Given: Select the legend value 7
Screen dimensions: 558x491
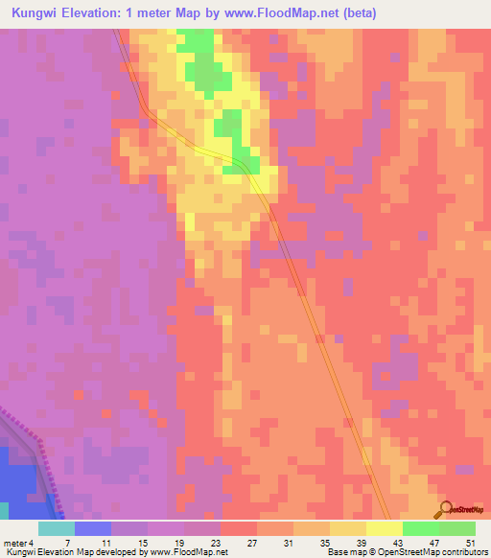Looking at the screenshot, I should (x=67, y=542).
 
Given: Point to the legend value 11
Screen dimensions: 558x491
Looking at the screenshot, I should (x=105, y=542).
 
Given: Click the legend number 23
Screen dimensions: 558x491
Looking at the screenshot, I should (x=214, y=542).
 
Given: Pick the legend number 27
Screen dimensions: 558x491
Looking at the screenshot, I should (x=250, y=542).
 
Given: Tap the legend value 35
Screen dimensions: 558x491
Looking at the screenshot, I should (x=323, y=542).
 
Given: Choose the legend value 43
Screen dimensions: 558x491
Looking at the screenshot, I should (x=396, y=542).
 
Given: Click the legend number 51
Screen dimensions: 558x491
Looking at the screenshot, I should (x=469, y=542).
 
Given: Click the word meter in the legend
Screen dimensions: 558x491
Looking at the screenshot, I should (x=15, y=542).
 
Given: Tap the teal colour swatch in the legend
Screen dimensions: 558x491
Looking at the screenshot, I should (x=57, y=528).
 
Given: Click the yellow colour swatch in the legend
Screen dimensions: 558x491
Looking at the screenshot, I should (x=384, y=528).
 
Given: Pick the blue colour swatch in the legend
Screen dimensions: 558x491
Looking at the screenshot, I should (x=93, y=528).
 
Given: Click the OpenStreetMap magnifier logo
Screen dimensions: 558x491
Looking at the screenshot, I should (x=444, y=509).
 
